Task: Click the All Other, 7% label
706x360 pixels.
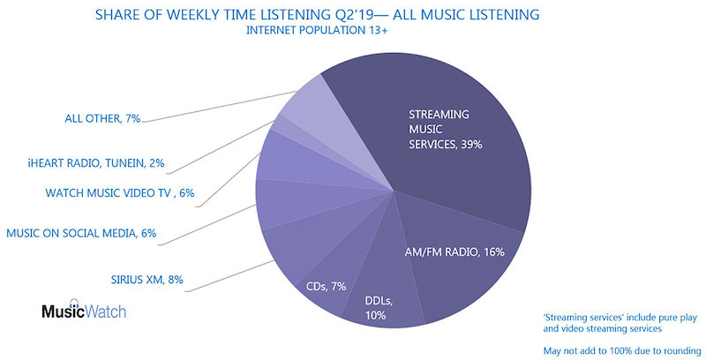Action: [102, 119]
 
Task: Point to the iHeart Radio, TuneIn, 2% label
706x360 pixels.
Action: [96, 163]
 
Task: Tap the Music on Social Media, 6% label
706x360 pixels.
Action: [81, 233]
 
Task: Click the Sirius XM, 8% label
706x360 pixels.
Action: [147, 280]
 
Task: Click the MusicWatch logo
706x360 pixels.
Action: [84, 309]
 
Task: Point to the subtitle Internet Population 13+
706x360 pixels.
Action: [317, 31]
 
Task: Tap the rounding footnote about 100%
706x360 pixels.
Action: [622, 350]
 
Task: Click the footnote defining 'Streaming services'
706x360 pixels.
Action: [620, 323]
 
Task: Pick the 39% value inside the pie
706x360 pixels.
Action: [471, 145]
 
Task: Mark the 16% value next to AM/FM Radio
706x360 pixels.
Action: [494, 252]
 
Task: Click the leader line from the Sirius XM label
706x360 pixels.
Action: [230, 276]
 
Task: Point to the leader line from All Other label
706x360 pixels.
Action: [219, 106]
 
